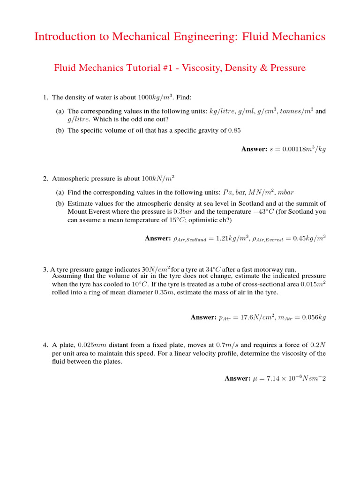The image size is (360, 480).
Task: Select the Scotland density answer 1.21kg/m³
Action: coord(229,239)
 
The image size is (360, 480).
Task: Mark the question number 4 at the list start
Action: coord(45,345)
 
